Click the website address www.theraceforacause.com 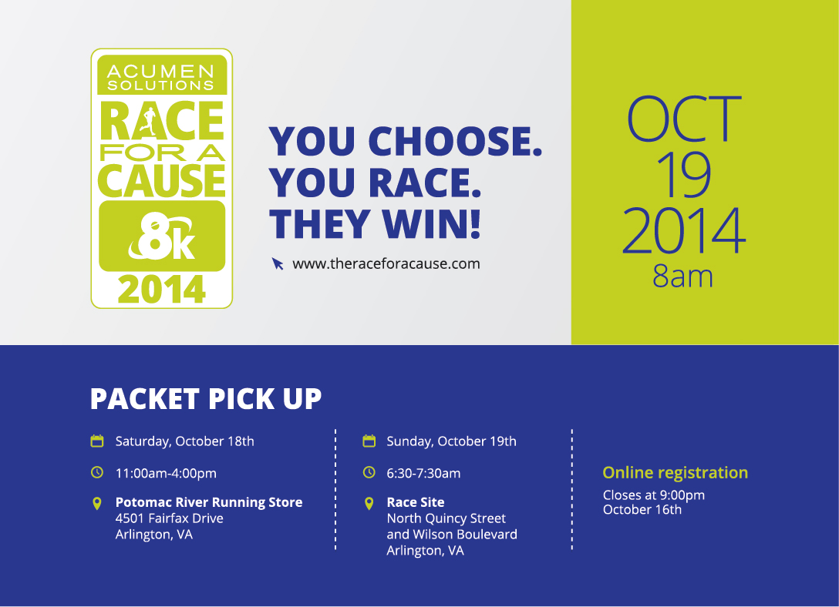(386, 264)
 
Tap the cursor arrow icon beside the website (277, 263)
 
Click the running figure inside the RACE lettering (148, 121)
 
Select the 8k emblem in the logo (162, 236)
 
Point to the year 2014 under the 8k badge (162, 290)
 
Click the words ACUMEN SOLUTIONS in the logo (160, 78)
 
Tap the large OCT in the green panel (684, 119)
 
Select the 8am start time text (682, 277)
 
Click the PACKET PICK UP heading (206, 398)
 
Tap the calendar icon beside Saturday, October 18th (97, 441)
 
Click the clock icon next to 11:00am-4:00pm (97, 472)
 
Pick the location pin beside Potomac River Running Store (97, 503)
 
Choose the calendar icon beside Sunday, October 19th (369, 441)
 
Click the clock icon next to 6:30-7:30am (369, 472)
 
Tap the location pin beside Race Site (369, 503)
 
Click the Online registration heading (676, 473)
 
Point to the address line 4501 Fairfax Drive (169, 518)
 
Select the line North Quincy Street (446, 518)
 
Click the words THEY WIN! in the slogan (375, 224)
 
